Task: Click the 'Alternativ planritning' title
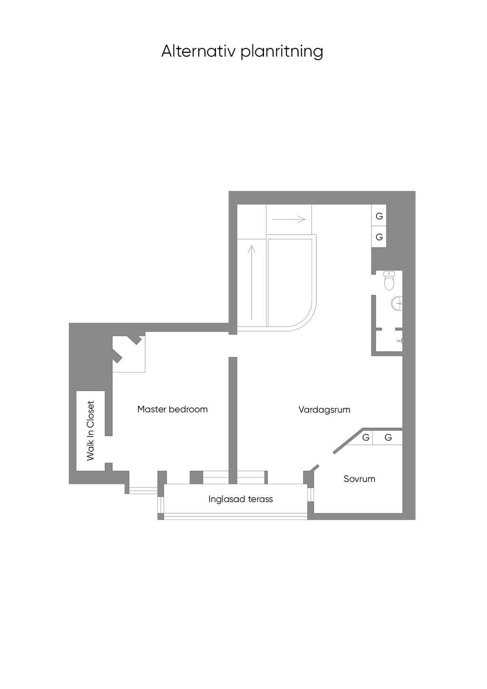(242, 51)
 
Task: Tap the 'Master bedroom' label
(173, 409)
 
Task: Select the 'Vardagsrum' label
(324, 410)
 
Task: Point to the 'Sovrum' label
(360, 479)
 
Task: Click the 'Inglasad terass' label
(241, 499)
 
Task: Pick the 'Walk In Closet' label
(90, 431)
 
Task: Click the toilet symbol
(389, 281)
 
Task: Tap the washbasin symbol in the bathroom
(397, 304)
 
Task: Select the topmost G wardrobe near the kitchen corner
(379, 216)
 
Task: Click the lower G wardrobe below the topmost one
(379, 237)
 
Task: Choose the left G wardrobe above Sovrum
(366, 437)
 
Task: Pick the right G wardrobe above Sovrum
(388, 437)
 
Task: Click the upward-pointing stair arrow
(252, 282)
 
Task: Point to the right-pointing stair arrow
(288, 219)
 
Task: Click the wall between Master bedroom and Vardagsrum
(233, 421)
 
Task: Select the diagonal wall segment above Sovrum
(348, 441)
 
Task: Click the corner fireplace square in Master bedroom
(129, 354)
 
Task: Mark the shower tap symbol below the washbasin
(399, 341)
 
